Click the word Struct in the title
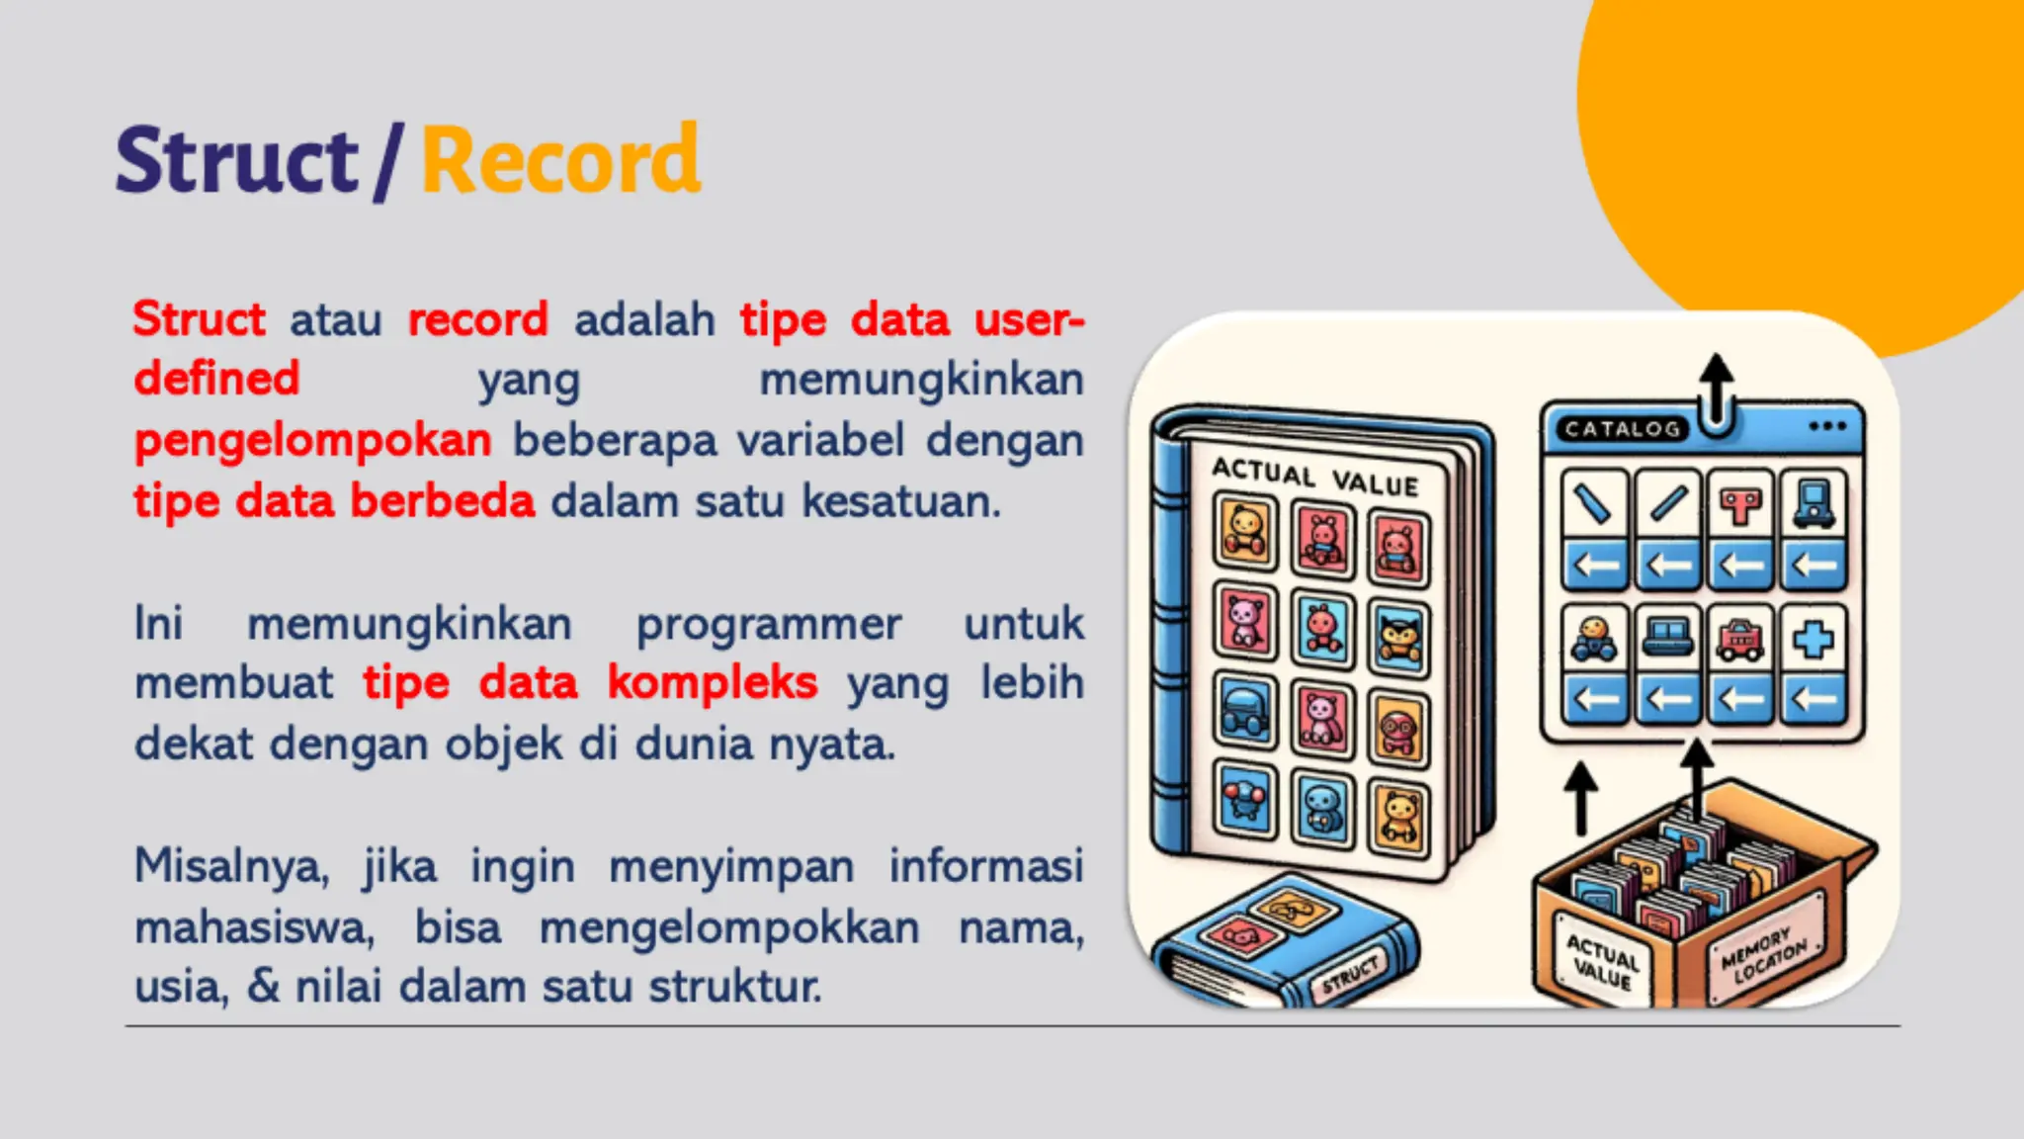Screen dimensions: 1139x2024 (236, 161)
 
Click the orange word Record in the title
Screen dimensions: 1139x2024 (560, 161)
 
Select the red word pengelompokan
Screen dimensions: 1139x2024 (312, 441)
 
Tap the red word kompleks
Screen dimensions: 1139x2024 (713, 683)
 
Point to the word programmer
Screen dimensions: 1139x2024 (768, 624)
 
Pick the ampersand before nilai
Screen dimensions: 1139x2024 (263, 987)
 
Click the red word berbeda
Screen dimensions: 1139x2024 (442, 501)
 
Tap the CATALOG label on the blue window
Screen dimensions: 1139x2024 (1622, 429)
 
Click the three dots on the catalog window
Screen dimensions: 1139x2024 (1827, 426)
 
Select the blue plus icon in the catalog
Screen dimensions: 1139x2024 (1813, 640)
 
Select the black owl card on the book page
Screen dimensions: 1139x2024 (1398, 639)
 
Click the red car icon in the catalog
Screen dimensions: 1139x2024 (1740, 640)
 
